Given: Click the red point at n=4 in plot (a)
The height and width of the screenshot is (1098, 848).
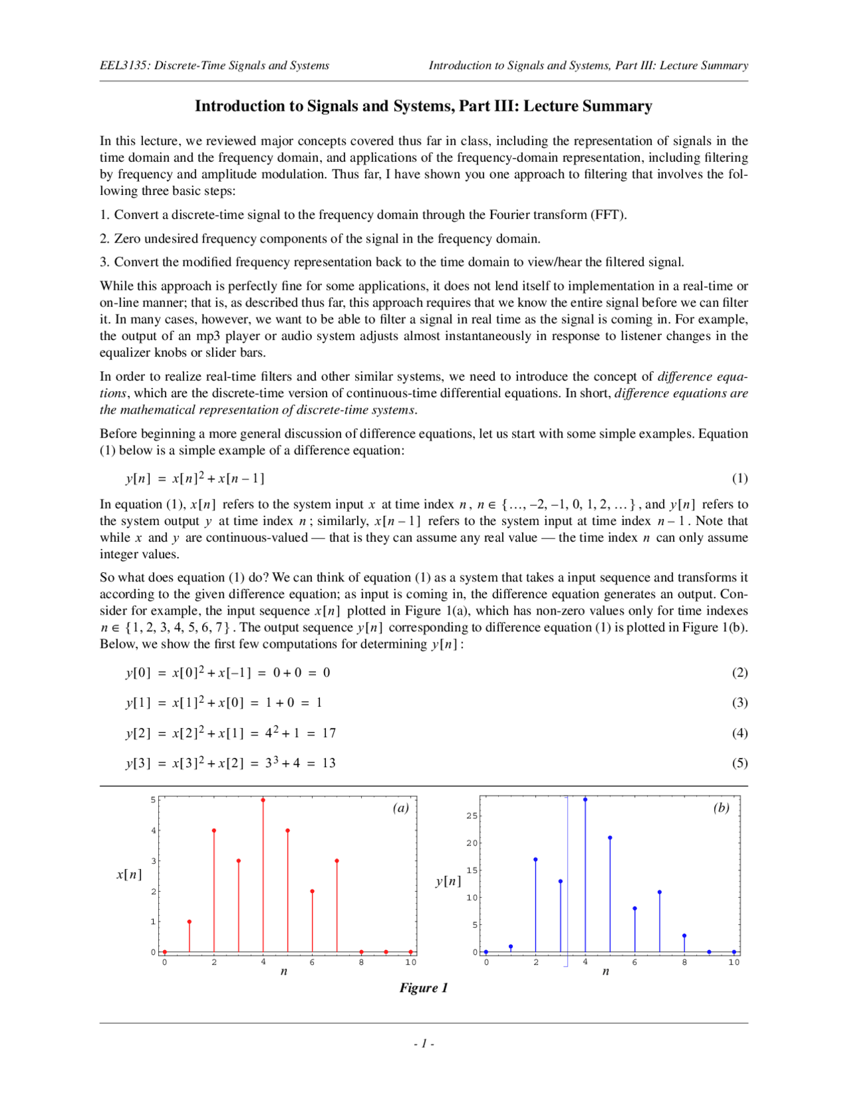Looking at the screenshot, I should pos(263,800).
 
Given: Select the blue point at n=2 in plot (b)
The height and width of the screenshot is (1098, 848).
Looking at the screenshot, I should pos(535,859).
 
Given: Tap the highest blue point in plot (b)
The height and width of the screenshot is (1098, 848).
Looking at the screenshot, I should pos(585,800).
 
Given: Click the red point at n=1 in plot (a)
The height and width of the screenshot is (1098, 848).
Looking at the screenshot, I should pos(189,922).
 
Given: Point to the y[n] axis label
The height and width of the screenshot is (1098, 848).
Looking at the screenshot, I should pos(448,881).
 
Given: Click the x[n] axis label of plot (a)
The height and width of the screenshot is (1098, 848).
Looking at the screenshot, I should pos(129,875).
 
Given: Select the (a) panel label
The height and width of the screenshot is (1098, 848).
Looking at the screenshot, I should pos(401,808).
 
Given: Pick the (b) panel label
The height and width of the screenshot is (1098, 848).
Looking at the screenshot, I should pos(721,808).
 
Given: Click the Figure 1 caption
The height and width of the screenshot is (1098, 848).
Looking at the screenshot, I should pos(423,988).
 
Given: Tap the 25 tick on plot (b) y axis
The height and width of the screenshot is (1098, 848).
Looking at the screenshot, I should pos(472,816).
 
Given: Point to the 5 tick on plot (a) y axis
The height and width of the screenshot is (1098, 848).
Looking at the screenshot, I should pos(153,800).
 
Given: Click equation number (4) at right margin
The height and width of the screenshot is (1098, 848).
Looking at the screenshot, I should pos(739,733).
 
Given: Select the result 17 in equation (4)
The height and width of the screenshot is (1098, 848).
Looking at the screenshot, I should pos(329,733).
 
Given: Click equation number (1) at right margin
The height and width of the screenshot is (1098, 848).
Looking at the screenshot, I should pos(739,479).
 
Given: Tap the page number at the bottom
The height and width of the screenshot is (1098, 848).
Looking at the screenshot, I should pos(424,1044).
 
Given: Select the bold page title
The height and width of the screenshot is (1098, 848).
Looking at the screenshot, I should pos(423,106).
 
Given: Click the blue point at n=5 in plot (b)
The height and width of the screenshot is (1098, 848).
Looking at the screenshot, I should pos(609,838).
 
